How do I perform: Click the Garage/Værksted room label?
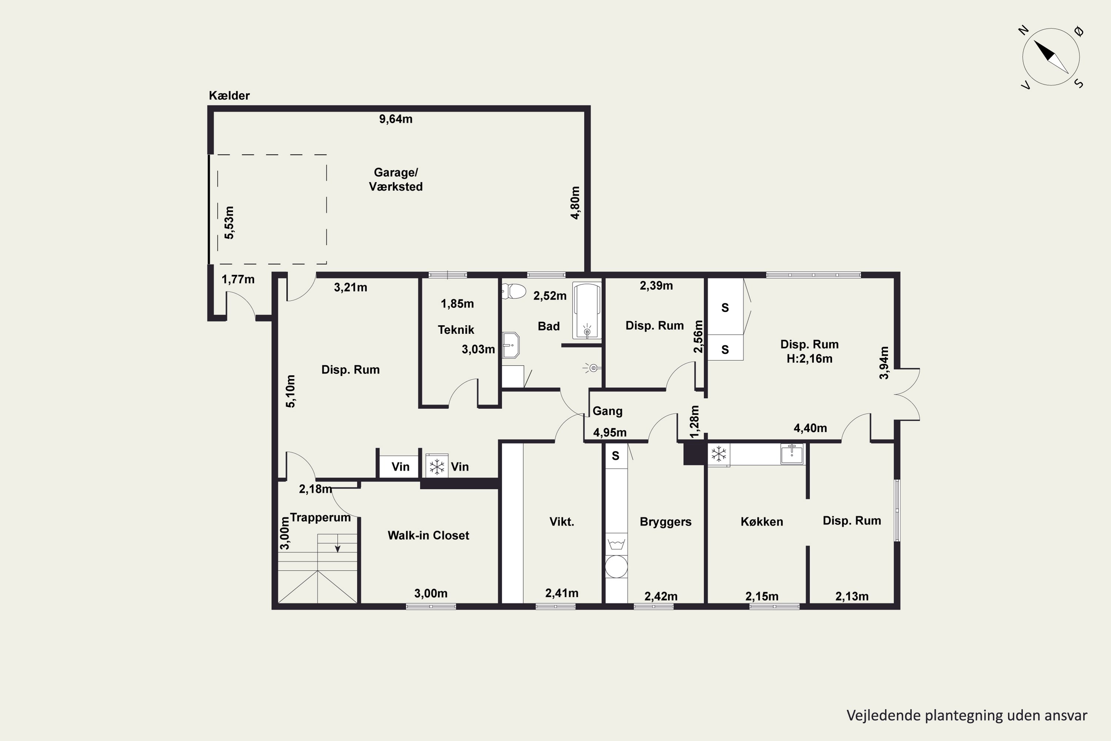[x=396, y=180]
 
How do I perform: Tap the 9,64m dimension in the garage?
[x=396, y=119]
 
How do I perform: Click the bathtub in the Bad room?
[x=587, y=310]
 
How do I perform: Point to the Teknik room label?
[x=456, y=330]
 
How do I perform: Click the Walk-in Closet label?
[x=428, y=535]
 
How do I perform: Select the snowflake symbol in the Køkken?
[x=719, y=454]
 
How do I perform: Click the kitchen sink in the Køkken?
[x=792, y=454]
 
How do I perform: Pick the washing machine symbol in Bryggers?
[x=617, y=544]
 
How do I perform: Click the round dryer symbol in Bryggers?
[x=617, y=566]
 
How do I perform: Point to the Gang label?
[x=607, y=411]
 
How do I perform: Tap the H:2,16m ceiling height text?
[x=810, y=359]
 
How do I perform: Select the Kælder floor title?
[x=229, y=96]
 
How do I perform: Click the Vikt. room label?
[x=562, y=522]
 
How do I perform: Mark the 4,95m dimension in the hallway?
[x=610, y=432]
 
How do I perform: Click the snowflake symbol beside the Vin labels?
[x=437, y=467]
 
